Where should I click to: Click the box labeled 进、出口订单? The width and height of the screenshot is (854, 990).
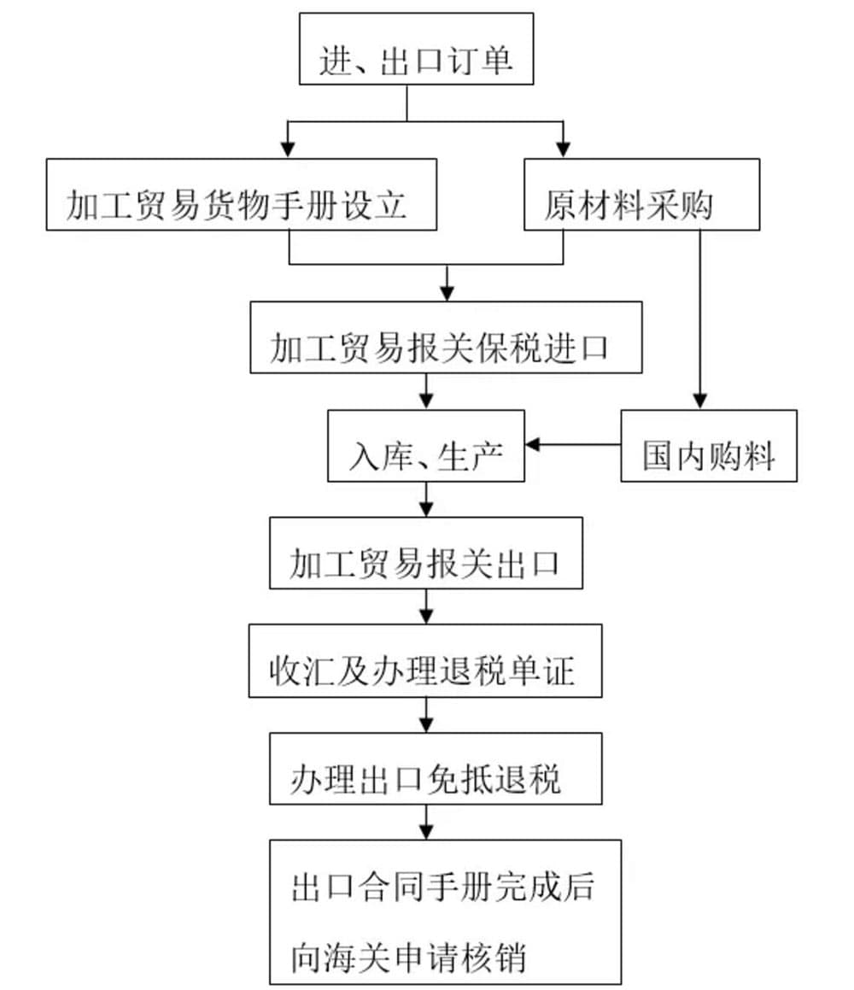[x=416, y=49]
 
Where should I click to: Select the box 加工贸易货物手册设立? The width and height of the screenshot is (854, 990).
[x=241, y=194]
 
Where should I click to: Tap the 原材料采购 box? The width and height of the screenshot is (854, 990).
[x=641, y=194]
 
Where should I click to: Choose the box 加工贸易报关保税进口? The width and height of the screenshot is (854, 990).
[x=446, y=337]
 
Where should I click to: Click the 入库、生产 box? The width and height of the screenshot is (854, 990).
[x=426, y=445]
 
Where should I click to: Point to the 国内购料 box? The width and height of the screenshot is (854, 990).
[x=708, y=446]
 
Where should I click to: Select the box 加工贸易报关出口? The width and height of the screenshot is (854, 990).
[x=426, y=553]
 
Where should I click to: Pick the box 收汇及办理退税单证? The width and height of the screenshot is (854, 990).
[x=425, y=660]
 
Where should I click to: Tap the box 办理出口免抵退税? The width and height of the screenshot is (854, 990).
[x=426, y=768]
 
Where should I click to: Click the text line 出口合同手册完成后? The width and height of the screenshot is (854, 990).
[x=442, y=887]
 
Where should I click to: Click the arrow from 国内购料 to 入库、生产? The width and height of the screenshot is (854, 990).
[x=572, y=444]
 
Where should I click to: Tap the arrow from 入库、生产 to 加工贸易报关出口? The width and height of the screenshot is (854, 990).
[x=426, y=500]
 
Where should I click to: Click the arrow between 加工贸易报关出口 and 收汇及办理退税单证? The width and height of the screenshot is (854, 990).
[x=426, y=607]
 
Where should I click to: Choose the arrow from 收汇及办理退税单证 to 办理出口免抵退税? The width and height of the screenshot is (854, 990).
[x=426, y=715]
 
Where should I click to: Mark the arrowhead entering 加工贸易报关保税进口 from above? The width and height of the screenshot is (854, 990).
[x=446, y=294]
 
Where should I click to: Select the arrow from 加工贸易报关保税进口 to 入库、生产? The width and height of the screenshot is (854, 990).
[x=426, y=392]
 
